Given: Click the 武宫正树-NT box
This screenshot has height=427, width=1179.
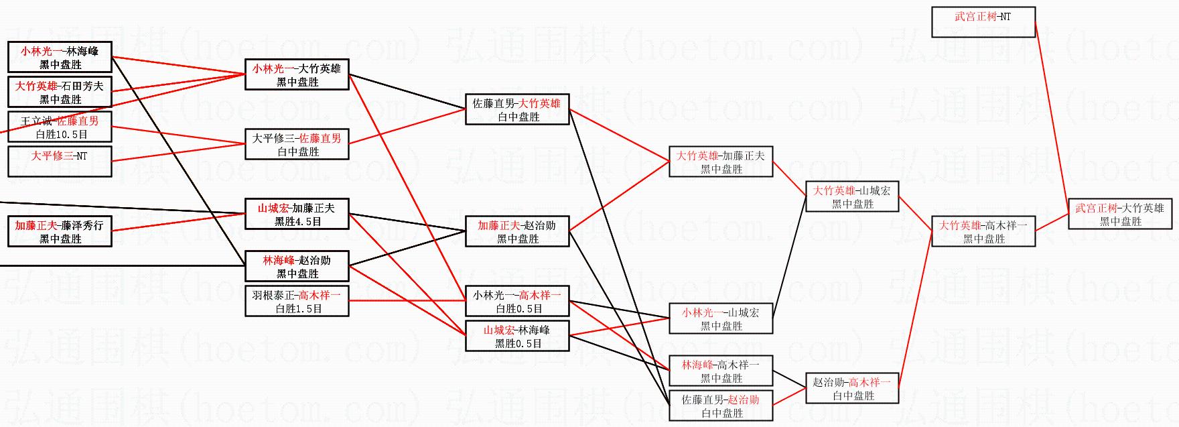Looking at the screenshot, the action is (x=983, y=21).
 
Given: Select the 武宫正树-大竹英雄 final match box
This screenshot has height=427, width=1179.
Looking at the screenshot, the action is (x=1119, y=215).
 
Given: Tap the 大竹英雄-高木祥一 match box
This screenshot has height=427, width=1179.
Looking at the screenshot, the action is (x=983, y=231).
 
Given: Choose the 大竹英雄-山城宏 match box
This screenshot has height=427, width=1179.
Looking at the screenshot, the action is (x=851, y=196).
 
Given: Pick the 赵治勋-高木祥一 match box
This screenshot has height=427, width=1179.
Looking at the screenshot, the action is (x=851, y=388).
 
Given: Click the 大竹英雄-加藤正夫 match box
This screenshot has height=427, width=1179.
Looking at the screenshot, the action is (x=720, y=162).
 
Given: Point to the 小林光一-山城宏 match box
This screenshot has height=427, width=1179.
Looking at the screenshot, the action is (x=720, y=318).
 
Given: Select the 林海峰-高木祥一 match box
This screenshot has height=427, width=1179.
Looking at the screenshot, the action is (x=720, y=371).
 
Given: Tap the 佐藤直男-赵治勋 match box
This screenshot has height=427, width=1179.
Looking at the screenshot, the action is (x=720, y=406).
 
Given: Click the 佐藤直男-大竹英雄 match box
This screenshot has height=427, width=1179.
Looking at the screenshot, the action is (x=516, y=109).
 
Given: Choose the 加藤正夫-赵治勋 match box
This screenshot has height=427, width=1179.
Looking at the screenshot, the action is (x=516, y=231).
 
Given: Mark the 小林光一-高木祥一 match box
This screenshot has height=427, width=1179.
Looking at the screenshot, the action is (x=516, y=301).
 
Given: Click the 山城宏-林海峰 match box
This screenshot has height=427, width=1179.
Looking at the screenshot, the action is (x=516, y=336).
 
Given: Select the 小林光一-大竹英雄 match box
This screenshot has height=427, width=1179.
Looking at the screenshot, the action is (x=297, y=74).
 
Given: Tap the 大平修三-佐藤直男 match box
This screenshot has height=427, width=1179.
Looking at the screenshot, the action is (x=297, y=144).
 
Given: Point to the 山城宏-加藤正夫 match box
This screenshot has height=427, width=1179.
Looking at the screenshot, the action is (x=297, y=214).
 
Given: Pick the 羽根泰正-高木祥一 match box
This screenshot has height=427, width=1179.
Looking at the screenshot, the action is (x=297, y=301).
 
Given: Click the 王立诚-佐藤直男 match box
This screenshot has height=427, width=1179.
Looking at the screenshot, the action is (x=60, y=127).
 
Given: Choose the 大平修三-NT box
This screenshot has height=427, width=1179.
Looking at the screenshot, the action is (x=60, y=162).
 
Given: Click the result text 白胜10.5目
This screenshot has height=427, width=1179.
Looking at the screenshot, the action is (x=62, y=134).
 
